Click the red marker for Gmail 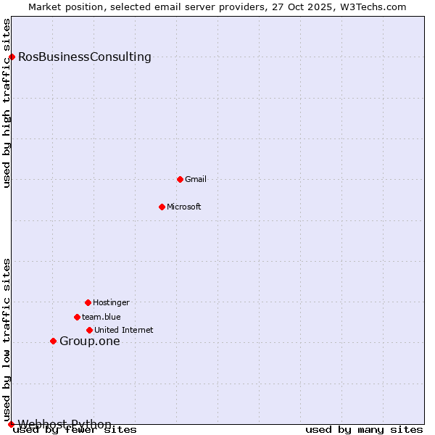pos(180,179)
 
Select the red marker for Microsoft pos(162,207)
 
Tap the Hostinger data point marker pos(88,302)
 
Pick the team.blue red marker pos(77,317)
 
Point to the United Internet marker pos(89,330)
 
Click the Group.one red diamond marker pos(53,341)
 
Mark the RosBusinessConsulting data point pos(12,57)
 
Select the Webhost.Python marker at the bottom pos(11,424)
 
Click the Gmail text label pos(196,179)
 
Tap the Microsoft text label pos(184,207)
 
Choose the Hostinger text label pos(111,302)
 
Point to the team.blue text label pos(101,317)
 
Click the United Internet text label pos(124,330)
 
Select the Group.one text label pos(90,341)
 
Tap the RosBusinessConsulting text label pos(85,57)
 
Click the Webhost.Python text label pos(65,424)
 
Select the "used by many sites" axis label pos(364,430)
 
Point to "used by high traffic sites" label pos(7,103)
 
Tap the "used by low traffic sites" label pos(7,339)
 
